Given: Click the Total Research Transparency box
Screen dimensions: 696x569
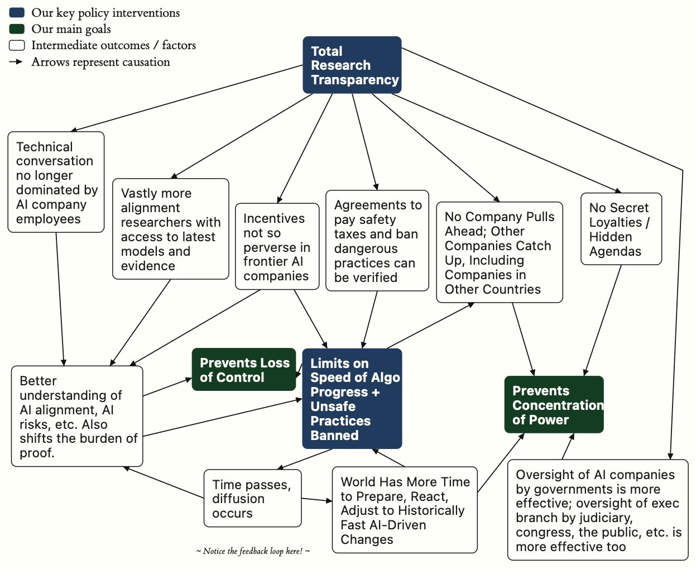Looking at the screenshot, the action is (352, 65).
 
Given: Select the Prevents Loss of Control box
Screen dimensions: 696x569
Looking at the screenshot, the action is (243, 369).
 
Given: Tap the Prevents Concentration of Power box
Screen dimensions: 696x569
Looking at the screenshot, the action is (554, 404).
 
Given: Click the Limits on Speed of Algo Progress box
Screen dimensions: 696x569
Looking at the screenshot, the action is (352, 398).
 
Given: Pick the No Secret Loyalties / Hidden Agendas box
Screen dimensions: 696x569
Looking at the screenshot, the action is (621, 229).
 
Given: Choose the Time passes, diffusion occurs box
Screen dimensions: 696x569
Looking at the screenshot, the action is (252, 498).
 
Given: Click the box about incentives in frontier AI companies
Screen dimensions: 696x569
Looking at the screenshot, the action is (277, 246).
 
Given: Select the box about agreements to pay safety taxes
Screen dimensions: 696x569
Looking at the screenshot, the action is (377, 241).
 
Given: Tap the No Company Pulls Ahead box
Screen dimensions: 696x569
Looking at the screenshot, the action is (500, 252).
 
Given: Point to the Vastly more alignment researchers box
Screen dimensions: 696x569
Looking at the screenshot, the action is (171, 229).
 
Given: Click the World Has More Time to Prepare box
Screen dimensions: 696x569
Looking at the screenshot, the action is (405, 510).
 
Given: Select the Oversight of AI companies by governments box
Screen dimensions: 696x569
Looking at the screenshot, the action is (598, 510).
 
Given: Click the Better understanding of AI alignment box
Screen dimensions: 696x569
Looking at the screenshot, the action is (77, 416).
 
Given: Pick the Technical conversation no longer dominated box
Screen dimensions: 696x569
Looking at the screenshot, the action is (56, 182).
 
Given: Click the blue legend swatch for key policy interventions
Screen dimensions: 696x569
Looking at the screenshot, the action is (17, 12).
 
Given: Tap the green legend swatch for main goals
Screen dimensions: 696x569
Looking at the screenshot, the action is (17, 28).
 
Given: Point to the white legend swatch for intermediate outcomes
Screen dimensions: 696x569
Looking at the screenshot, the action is (17, 45).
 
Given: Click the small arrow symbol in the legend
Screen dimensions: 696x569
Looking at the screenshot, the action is (16, 61).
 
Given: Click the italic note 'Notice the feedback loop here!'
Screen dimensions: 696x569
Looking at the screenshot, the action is (253, 551).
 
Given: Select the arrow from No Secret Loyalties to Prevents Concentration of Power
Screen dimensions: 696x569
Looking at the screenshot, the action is (603, 321).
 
